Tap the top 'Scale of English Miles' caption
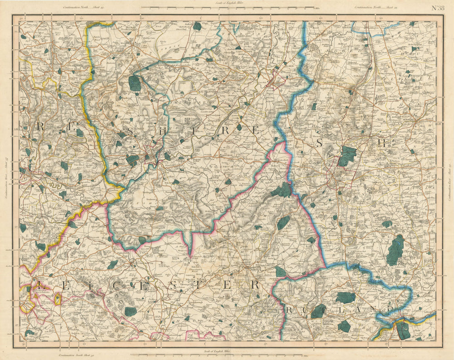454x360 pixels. click(227, 4)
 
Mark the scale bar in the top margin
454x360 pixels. click(227, 8)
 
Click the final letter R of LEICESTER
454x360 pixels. click(255, 285)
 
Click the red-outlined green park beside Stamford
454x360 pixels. click(402, 330)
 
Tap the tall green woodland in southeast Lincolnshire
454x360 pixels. click(395, 251)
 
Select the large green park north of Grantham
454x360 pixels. click(347, 156)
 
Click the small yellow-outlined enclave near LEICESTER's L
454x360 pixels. click(58, 299)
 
